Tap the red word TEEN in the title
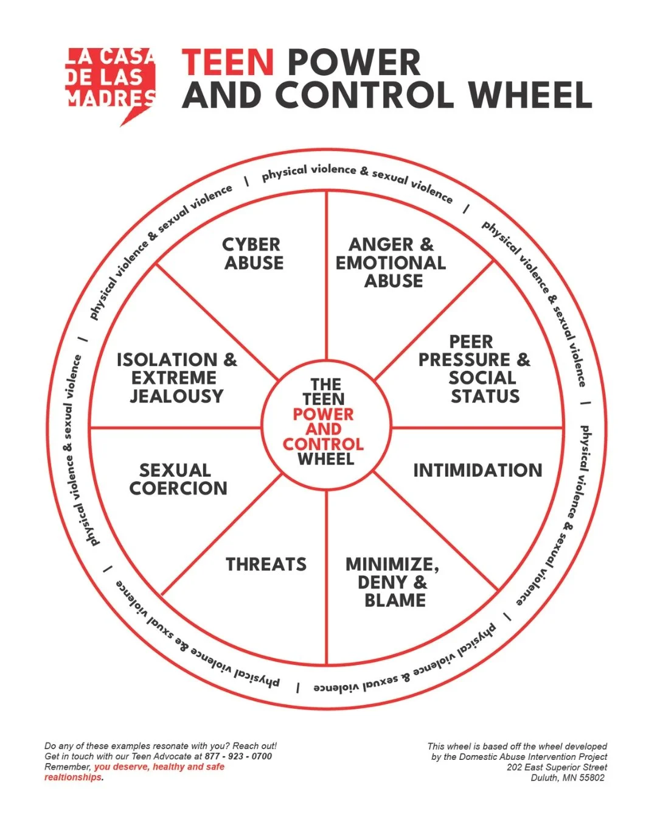[x=228, y=63]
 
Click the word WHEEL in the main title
[x=530, y=95]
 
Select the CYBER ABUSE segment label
[x=252, y=253]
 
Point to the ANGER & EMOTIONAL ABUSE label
[x=391, y=262]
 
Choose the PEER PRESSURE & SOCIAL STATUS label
[x=474, y=368]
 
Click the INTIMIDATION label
[x=478, y=470]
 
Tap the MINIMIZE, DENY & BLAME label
[x=393, y=582]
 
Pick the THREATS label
[x=266, y=564]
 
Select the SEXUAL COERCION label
[x=178, y=479]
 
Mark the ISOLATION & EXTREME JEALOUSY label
[x=176, y=378]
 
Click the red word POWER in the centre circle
[x=323, y=415]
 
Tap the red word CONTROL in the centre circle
[x=323, y=444]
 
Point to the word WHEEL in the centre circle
[x=325, y=459]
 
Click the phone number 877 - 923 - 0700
[x=238, y=756]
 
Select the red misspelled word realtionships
[x=73, y=778]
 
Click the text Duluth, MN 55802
[x=568, y=778]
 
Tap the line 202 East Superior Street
[x=557, y=767]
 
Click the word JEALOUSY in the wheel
[x=176, y=396]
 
